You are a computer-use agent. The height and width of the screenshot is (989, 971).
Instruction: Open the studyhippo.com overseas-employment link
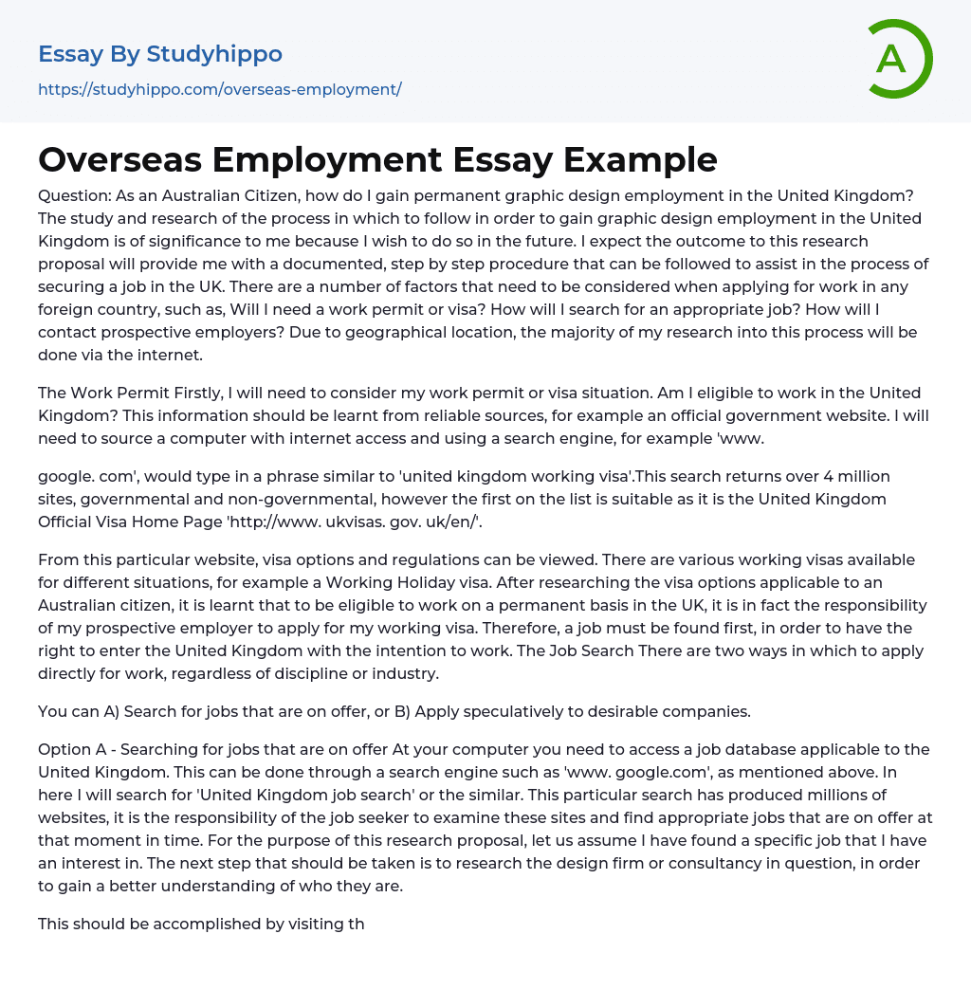pyautogui.click(x=219, y=89)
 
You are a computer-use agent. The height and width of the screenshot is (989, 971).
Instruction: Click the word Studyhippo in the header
pyautogui.click(x=214, y=54)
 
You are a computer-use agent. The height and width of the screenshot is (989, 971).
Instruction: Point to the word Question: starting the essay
pyautogui.click(x=74, y=195)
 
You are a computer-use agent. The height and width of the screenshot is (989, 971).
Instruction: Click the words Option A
pyautogui.click(x=74, y=749)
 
